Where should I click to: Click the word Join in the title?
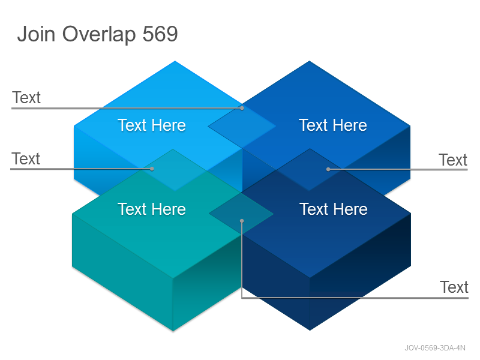(x=37, y=34)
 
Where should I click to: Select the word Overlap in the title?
(x=99, y=35)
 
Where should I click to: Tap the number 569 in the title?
(x=160, y=34)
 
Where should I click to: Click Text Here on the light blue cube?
(x=152, y=125)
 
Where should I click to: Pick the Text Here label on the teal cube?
(x=152, y=209)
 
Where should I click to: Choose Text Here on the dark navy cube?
(x=334, y=209)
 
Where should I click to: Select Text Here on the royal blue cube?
(x=333, y=125)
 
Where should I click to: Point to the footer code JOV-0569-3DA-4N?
(x=435, y=348)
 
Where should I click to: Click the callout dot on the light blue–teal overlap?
(x=152, y=169)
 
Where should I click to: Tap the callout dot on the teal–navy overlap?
(x=242, y=221)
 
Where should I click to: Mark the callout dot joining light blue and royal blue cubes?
(x=242, y=108)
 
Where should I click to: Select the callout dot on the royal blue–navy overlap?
(x=328, y=169)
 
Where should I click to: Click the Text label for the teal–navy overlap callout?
(x=454, y=287)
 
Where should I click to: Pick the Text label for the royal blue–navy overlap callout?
(x=453, y=160)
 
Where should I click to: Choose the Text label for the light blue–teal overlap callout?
(x=26, y=159)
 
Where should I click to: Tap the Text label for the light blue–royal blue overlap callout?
(x=26, y=98)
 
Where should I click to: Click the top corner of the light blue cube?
(x=175, y=61)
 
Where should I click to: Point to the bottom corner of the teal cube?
(x=173, y=331)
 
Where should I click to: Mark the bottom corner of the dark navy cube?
(x=310, y=331)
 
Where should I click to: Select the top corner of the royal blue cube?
(x=309, y=61)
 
